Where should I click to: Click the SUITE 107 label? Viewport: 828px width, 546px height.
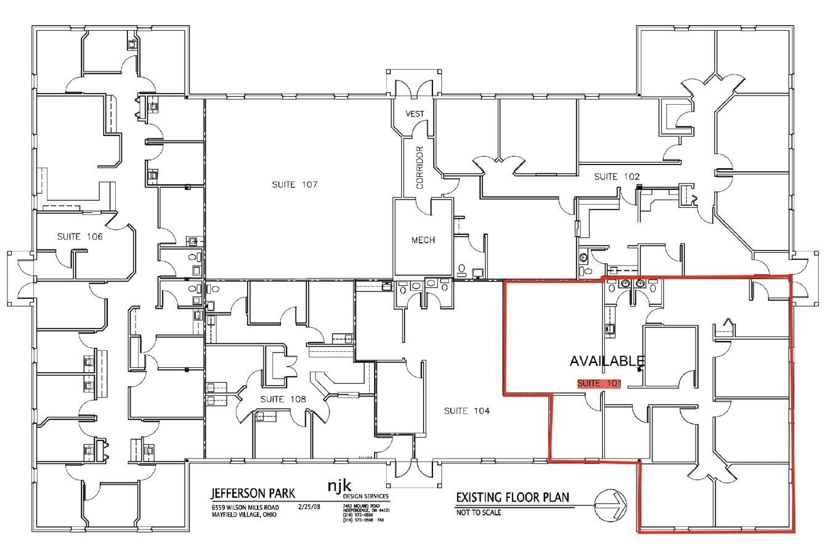294,185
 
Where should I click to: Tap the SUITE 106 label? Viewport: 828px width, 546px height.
80,236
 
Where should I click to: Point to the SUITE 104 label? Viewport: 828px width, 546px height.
467,411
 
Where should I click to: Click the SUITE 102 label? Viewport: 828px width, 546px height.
617,177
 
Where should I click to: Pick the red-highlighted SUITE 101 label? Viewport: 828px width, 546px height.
598,383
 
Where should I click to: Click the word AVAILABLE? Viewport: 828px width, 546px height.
607,361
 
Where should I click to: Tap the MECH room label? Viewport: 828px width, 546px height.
423,240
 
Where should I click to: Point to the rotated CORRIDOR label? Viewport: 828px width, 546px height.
420,167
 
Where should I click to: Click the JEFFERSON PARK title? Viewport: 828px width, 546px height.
253,494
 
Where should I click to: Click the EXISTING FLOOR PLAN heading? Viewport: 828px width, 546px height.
513,497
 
